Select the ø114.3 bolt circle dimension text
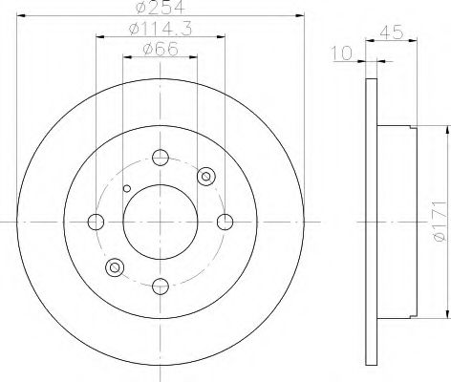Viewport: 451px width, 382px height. coord(159,31)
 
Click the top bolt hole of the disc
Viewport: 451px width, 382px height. coord(160,158)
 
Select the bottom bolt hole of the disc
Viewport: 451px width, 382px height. coord(160,286)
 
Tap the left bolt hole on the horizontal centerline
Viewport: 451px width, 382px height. coord(95,222)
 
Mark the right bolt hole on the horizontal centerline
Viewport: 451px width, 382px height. coord(225,222)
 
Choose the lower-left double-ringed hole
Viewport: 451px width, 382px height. coord(115,267)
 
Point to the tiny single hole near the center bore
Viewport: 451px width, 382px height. coord(124,187)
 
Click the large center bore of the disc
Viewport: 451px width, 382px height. coord(160,222)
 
